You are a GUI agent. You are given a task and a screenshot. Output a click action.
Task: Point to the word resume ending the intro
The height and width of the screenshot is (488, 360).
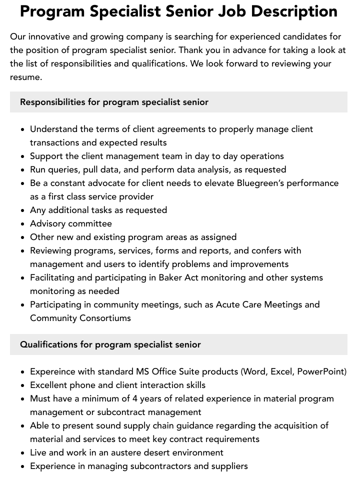[x=25, y=77]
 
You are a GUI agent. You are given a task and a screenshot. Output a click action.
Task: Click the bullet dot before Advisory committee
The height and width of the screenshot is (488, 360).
[x=23, y=224]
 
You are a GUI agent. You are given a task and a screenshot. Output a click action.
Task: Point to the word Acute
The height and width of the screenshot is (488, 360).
[x=227, y=304]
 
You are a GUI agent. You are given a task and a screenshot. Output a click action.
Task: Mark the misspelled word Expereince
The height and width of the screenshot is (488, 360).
[x=53, y=371]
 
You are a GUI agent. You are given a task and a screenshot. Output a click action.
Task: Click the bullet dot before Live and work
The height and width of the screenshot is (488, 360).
[x=23, y=453]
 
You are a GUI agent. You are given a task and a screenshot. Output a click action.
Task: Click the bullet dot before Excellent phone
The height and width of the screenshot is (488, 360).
[x=23, y=385]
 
